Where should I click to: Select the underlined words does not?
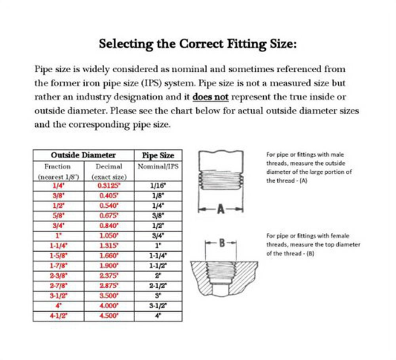click(211, 97)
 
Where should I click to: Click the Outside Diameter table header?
click(83, 155)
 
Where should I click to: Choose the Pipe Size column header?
click(158, 155)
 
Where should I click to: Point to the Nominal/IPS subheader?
click(158, 167)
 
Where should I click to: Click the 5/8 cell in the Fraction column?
click(58, 216)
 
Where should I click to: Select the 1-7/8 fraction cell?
click(58, 265)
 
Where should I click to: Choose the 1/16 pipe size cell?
click(158, 185)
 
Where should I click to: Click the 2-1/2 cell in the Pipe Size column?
click(158, 286)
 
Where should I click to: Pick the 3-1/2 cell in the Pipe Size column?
click(158, 306)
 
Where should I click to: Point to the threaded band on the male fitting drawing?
click(221, 180)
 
